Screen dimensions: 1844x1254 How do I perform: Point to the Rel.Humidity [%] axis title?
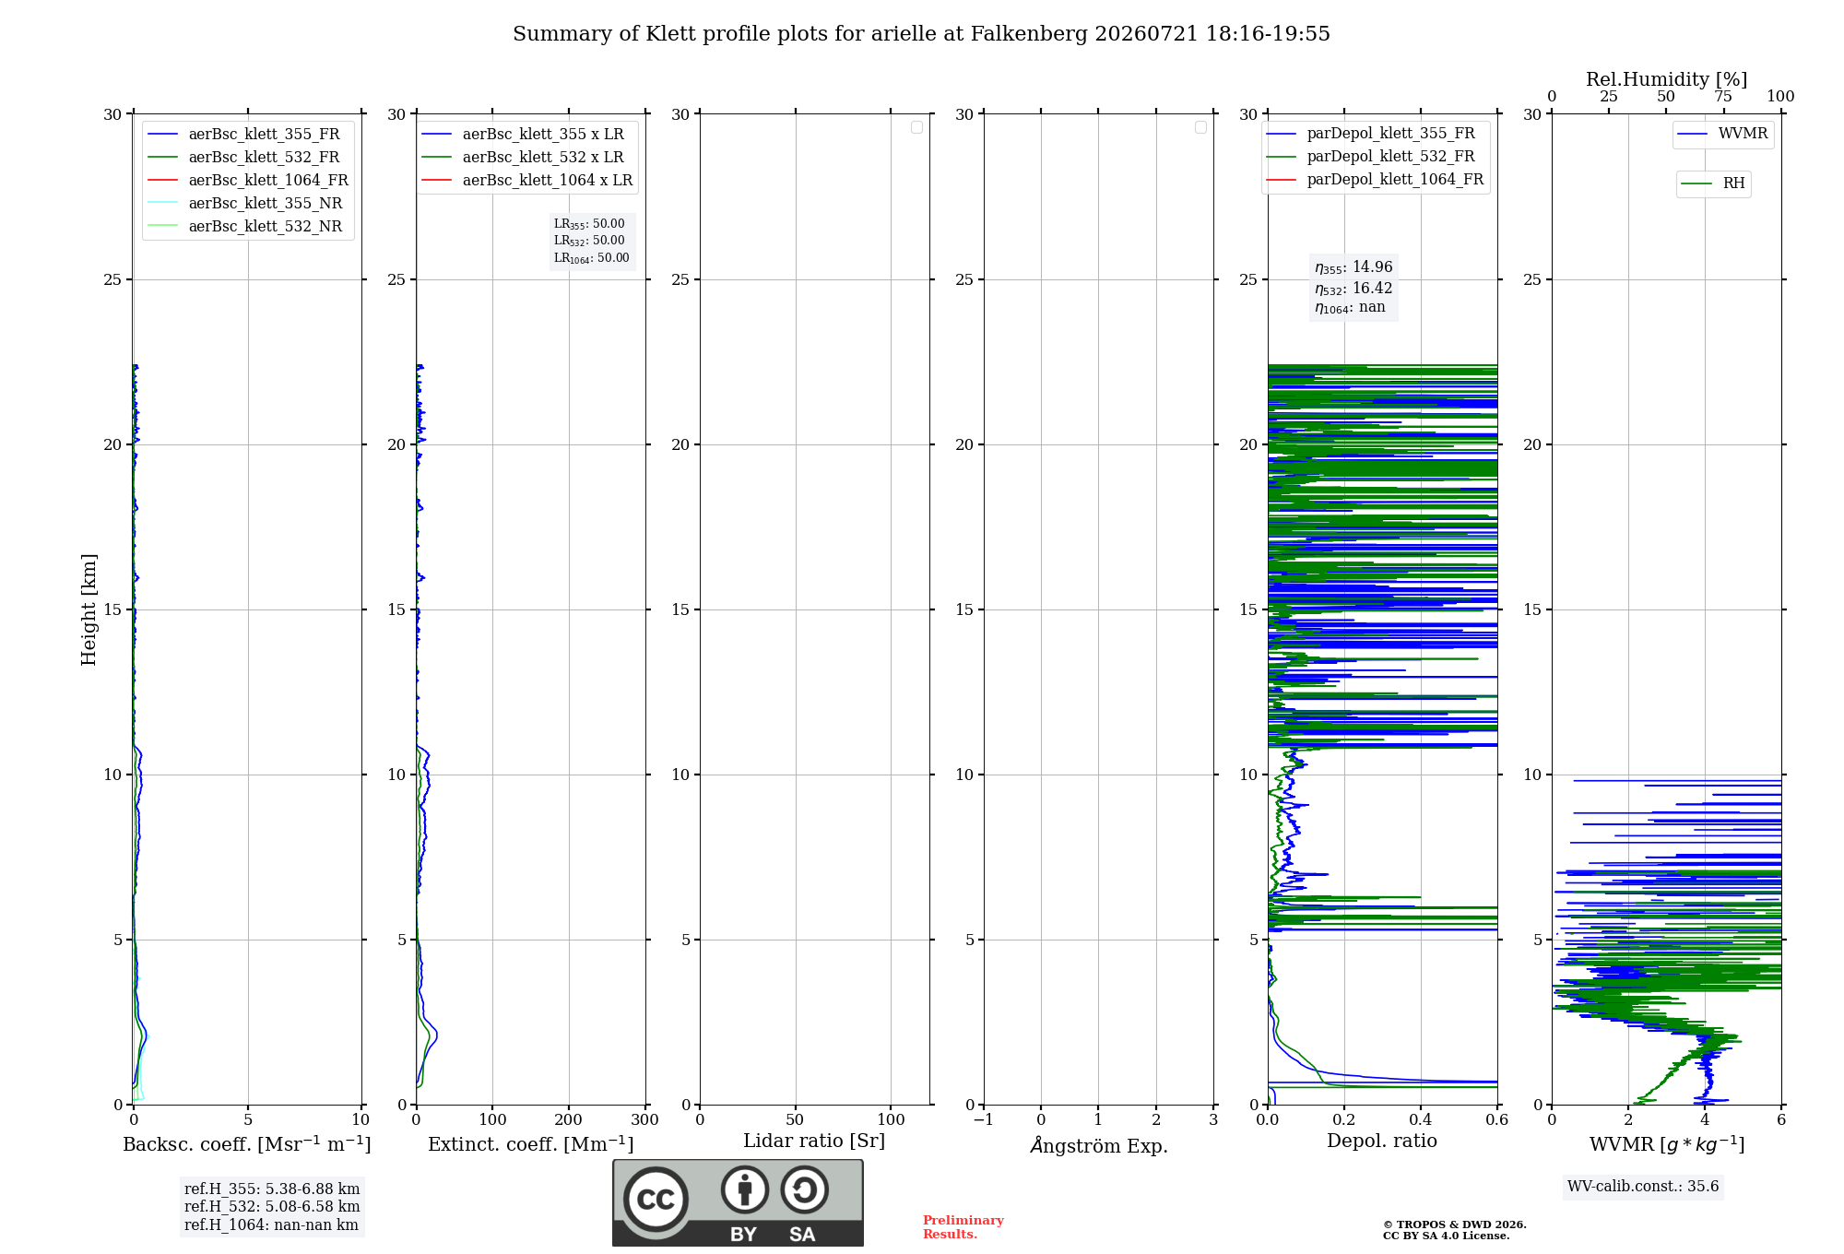pos(1666,79)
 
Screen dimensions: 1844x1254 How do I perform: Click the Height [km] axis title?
pos(89,609)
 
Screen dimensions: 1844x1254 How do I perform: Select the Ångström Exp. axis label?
pos(1099,1145)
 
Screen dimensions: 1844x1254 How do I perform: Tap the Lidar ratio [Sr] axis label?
pos(814,1142)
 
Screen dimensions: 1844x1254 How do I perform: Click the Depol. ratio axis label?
pos(1382,1141)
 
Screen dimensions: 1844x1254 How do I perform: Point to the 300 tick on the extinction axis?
pos(645,1119)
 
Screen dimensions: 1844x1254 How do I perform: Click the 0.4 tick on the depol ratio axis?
pos(1421,1119)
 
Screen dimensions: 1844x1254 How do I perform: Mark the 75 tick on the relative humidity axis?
pos(1722,96)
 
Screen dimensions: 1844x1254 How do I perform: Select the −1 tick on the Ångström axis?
pos(984,1119)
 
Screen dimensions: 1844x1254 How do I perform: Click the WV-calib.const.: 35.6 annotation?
pos(1643,1187)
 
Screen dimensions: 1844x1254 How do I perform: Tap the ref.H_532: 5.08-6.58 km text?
pos(272,1207)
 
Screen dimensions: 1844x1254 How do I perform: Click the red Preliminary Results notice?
pos(963,1227)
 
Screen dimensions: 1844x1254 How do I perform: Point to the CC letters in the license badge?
pos(656,1200)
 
